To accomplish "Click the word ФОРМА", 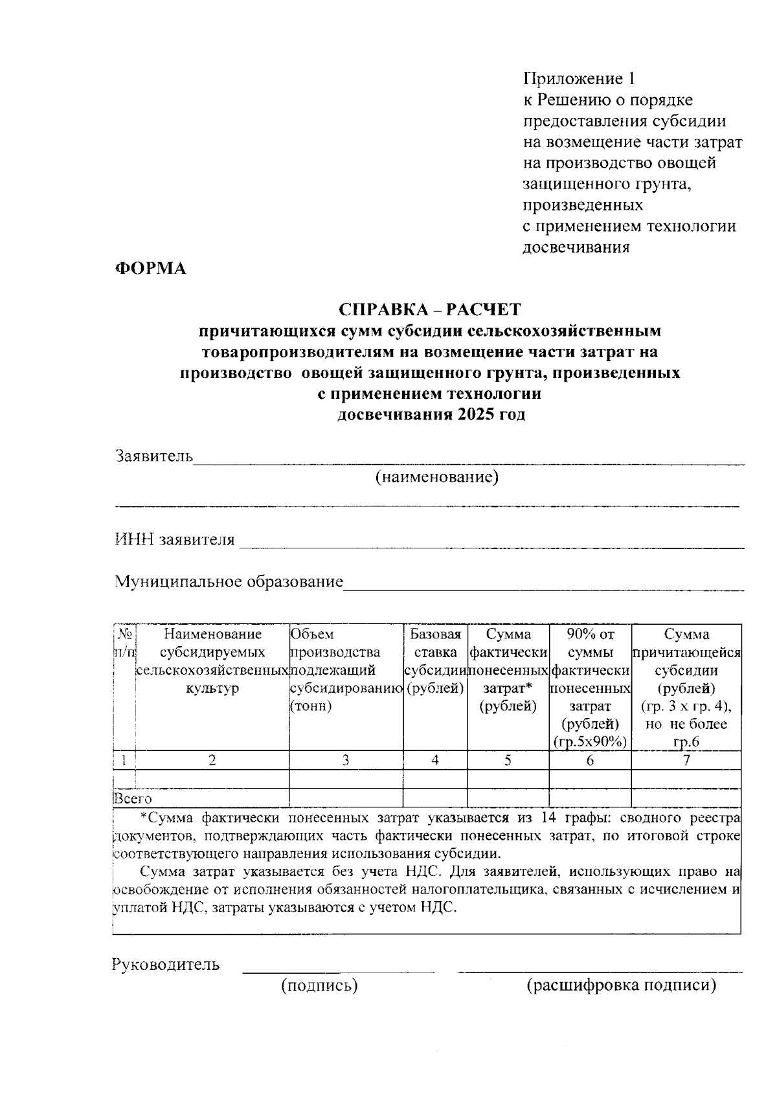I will (x=150, y=269).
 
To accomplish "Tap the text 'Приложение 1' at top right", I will (x=579, y=79).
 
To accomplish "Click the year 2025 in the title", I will (x=475, y=415).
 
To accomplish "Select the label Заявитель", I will (x=154, y=456).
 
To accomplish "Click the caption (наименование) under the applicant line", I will (x=437, y=478).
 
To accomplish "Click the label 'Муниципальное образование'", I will (x=229, y=581).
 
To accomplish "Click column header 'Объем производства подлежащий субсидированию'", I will (x=346, y=669).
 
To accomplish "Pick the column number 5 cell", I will (x=508, y=760).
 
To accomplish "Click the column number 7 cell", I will (x=686, y=760).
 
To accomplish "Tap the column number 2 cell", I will (x=212, y=760).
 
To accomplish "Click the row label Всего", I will (x=133, y=799).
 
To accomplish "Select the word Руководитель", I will (x=166, y=965).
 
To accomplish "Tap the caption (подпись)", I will (x=319, y=986).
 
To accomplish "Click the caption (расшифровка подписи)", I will (x=621, y=986).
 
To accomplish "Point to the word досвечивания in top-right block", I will (x=576, y=247).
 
